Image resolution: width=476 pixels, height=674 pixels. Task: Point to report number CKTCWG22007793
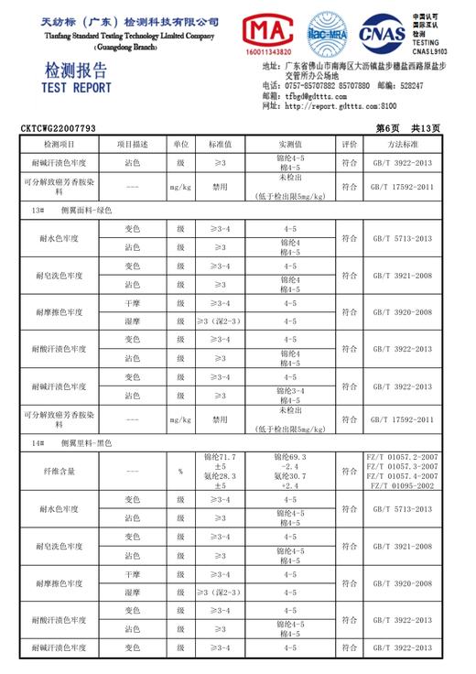[59, 129]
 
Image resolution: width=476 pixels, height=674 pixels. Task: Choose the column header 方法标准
[402, 145]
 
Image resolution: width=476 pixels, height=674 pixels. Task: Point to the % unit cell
[180, 472]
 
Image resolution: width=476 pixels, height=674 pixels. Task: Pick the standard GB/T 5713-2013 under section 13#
[402, 238]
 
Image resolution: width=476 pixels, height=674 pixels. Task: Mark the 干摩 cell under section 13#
[133, 303]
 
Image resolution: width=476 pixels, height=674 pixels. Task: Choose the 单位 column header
[180, 145]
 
